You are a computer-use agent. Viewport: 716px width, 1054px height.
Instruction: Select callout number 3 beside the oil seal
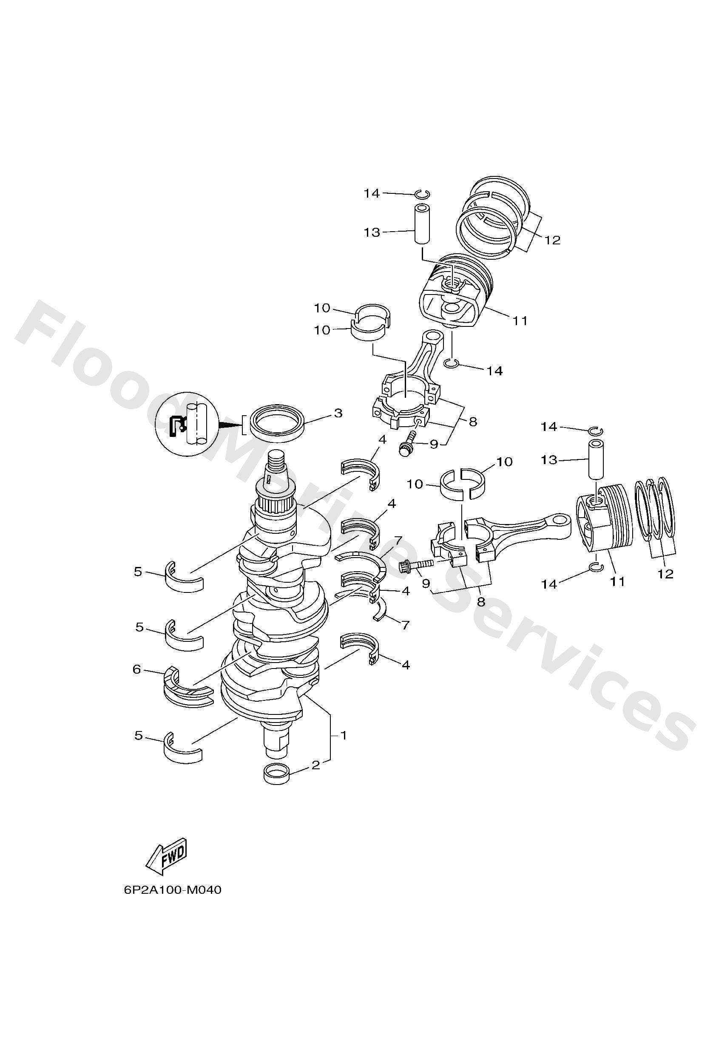click(x=338, y=413)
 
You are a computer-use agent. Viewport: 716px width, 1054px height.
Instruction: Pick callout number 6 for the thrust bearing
click(x=136, y=669)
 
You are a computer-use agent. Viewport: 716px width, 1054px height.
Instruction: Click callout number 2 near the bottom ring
click(x=316, y=765)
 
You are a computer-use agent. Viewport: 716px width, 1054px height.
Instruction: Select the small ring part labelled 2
click(x=277, y=773)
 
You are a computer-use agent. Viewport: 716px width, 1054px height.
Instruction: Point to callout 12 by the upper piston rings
click(x=552, y=240)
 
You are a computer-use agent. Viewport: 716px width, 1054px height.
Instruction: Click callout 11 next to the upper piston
click(x=520, y=320)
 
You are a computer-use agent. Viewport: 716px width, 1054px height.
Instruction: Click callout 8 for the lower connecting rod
click(x=481, y=602)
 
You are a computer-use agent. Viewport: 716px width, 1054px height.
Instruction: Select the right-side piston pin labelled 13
click(x=597, y=459)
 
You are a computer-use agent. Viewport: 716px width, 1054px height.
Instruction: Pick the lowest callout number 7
click(x=405, y=624)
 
